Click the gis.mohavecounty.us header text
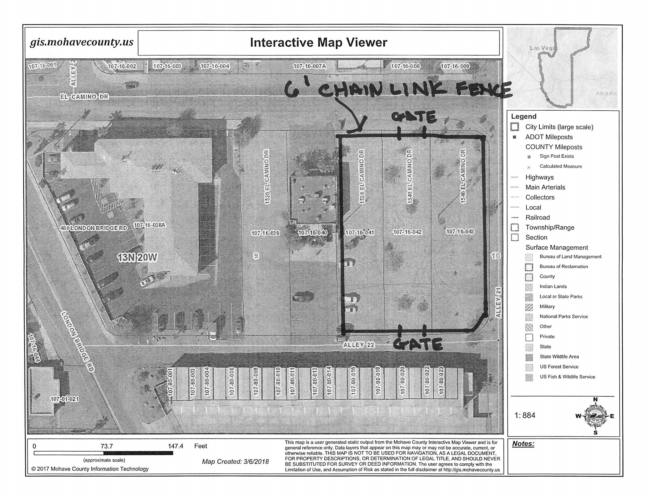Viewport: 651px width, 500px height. [x=82, y=42]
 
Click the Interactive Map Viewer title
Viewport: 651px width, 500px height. [x=318, y=43]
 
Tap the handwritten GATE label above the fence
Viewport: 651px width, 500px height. [x=414, y=117]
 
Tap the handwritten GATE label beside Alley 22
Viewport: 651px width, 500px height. [x=418, y=344]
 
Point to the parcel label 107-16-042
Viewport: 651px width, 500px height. [x=407, y=232]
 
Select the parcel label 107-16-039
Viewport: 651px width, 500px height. [x=265, y=233]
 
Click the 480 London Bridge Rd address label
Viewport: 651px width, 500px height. [x=94, y=228]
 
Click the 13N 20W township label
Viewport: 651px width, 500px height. [x=137, y=257]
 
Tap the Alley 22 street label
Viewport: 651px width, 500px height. [x=358, y=345]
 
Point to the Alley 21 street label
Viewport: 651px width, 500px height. [x=499, y=302]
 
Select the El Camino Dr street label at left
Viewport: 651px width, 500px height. [x=84, y=97]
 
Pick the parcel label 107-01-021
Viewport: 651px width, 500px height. [x=64, y=399]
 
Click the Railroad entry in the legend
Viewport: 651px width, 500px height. [x=537, y=217]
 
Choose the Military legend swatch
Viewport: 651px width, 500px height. [x=529, y=307]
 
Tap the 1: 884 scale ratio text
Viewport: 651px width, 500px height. [x=525, y=415]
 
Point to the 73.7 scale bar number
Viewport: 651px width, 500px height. [x=107, y=446]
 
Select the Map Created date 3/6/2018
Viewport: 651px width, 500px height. [x=235, y=462]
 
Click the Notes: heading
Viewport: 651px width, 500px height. [x=523, y=444]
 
